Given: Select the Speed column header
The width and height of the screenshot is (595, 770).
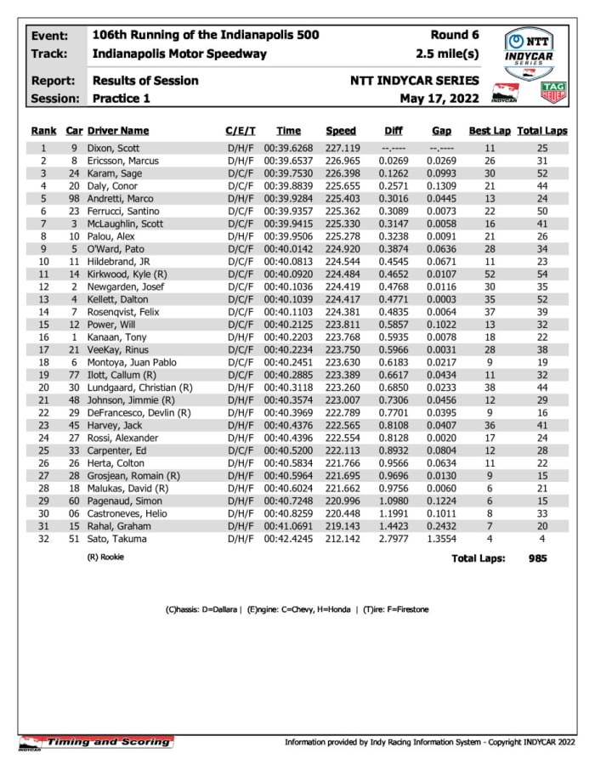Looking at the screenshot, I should point(340,131).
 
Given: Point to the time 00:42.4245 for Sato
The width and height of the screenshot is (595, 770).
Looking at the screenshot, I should point(288,540).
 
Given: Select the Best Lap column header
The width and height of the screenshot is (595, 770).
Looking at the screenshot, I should point(490,131).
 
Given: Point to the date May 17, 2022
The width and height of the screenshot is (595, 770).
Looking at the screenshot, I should point(439,99).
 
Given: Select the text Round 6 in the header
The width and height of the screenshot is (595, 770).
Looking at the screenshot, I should point(454,35).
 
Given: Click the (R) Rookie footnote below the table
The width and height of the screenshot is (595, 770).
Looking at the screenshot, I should point(106,558).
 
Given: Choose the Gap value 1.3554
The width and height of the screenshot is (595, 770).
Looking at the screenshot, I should point(440,540).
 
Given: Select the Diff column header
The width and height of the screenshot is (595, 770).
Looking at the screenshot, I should point(393,131).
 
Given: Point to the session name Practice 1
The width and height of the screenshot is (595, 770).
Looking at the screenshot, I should point(121,99).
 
